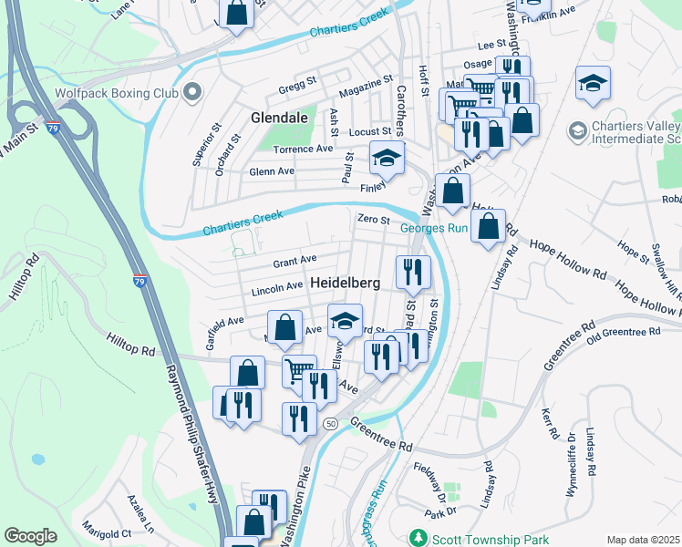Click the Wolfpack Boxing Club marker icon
[x=191, y=92]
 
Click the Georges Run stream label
[x=435, y=228]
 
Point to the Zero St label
[x=373, y=220]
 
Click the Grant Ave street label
[x=294, y=262]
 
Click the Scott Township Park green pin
[x=418, y=537]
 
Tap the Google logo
[x=30, y=536]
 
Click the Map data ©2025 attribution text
[x=643, y=540]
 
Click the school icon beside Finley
[x=387, y=159]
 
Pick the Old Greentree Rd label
[x=623, y=332]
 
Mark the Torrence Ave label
[x=305, y=149]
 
